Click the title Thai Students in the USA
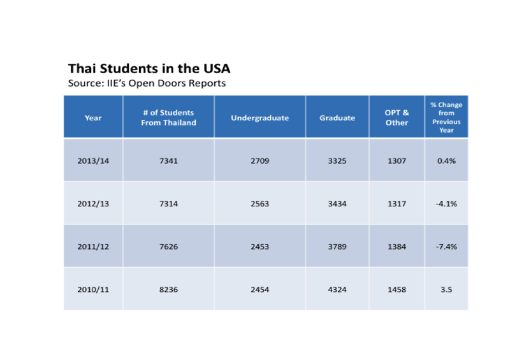[149, 68]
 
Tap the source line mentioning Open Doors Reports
[147, 83]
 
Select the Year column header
[93, 118]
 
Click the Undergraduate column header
[259, 118]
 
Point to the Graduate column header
[337, 118]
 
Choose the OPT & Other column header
[397, 117]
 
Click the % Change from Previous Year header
[446, 117]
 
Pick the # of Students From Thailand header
[168, 117]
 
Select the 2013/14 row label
[93, 161]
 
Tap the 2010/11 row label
[93, 289]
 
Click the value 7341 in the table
[168, 161]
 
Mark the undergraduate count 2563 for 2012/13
[259, 204]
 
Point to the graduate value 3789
[337, 247]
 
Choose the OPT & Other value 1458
[397, 289]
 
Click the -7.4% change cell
[446, 247]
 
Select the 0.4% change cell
[446, 161]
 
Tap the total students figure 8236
[168, 289]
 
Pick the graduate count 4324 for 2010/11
[337, 289]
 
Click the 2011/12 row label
[93, 247]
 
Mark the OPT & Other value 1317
[397, 204]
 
